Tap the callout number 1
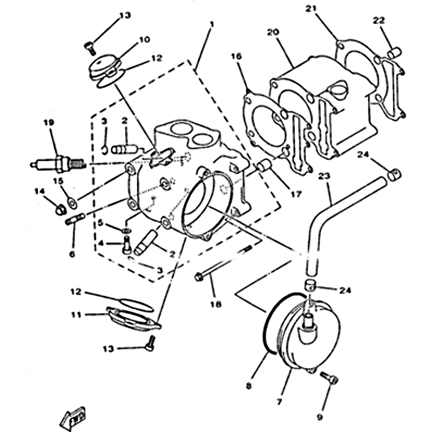tap(212, 24)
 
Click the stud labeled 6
tap(73, 222)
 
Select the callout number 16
tap(237, 56)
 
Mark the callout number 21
tap(325, 9)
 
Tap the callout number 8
tap(248, 386)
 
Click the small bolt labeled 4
tap(126, 247)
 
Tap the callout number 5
tap(99, 222)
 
